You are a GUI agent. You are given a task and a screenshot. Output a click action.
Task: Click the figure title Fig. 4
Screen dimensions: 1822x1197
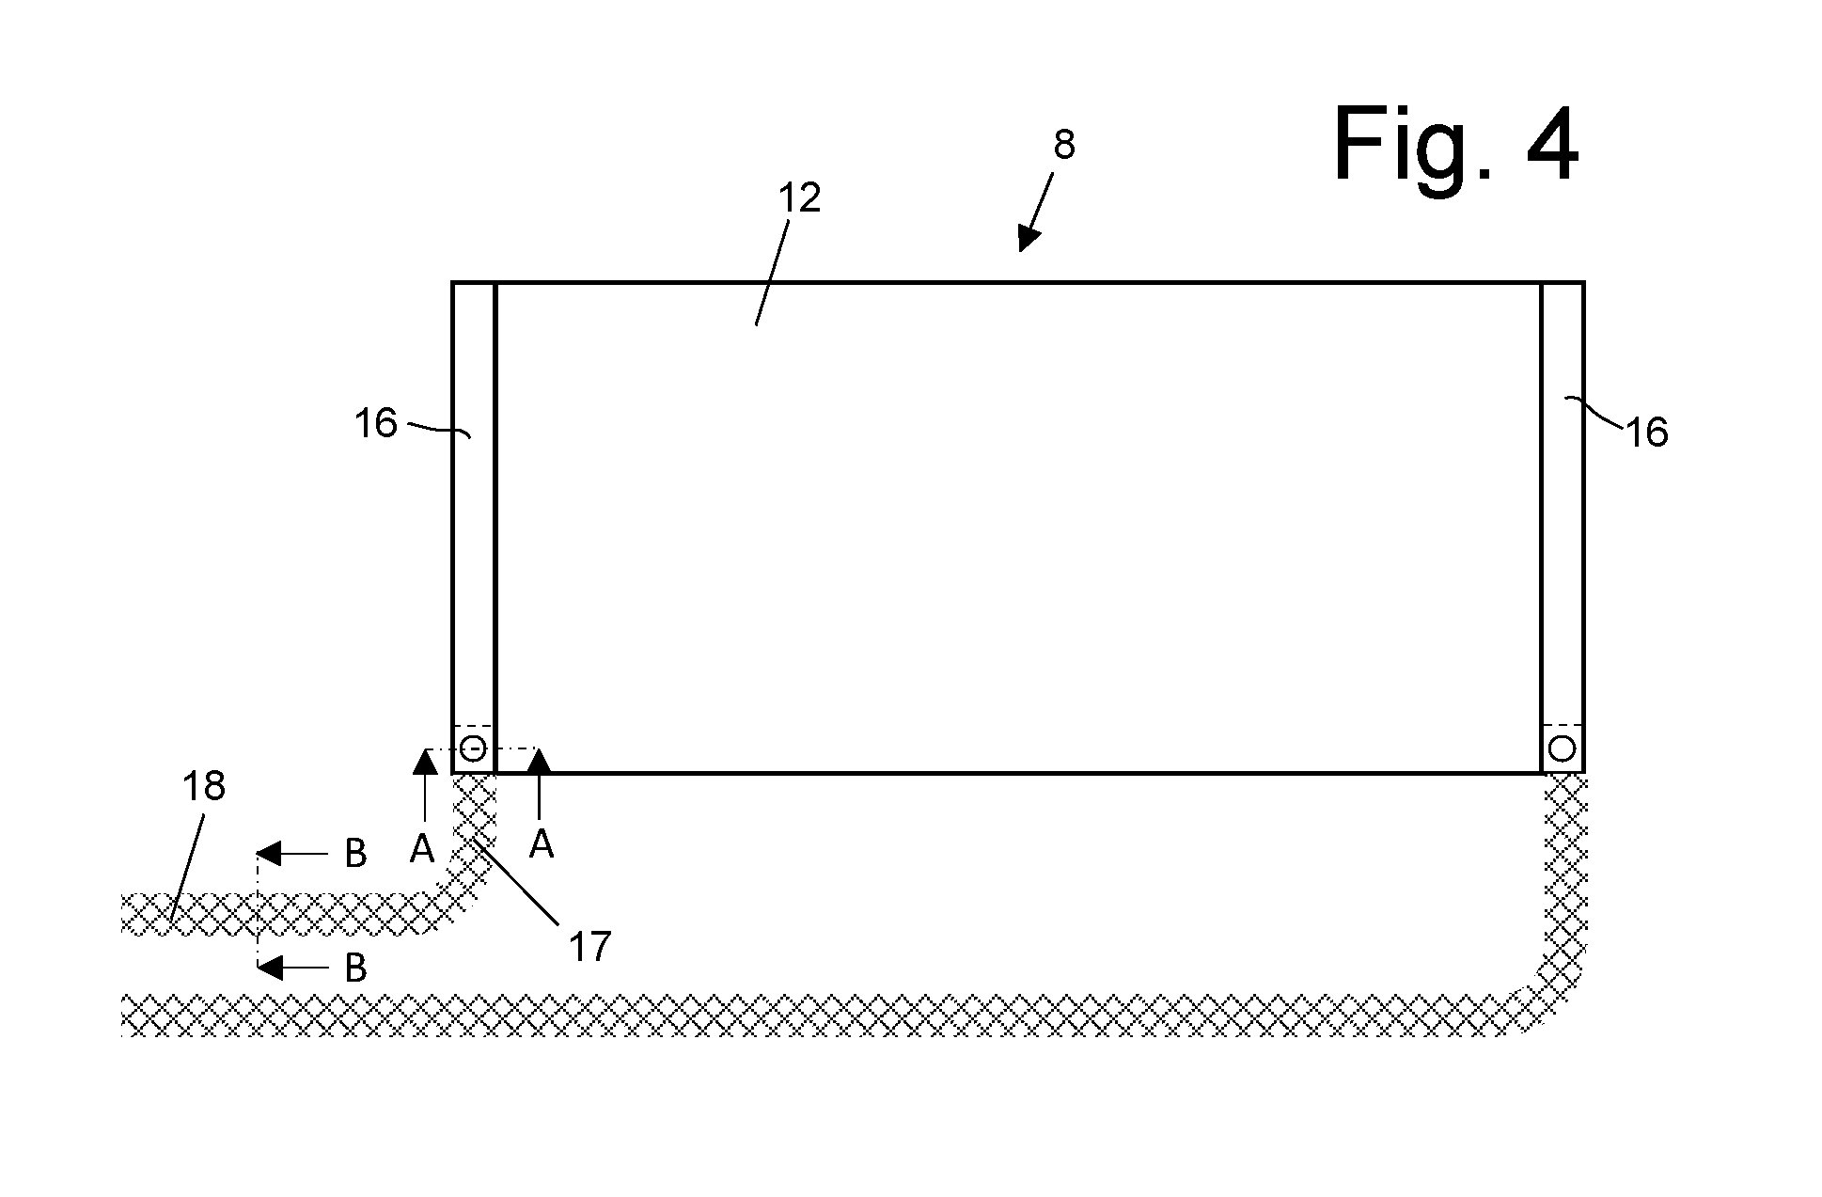pos(1455,145)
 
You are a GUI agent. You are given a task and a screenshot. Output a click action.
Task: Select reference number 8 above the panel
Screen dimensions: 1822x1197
pos(1063,146)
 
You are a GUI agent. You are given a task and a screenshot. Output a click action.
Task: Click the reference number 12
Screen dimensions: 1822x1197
pos(799,197)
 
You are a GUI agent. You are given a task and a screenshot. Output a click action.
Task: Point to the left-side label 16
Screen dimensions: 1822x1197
pos(376,423)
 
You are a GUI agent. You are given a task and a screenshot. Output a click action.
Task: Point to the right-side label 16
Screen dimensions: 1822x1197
pos(1646,433)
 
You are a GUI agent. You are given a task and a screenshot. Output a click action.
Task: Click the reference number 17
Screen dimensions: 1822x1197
pos(589,946)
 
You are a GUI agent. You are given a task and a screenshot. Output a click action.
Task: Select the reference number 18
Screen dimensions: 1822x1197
pos(203,786)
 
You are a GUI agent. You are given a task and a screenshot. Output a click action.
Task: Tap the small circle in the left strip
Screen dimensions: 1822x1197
pos(473,749)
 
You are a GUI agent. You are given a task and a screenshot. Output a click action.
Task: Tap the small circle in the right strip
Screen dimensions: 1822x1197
pos(1562,749)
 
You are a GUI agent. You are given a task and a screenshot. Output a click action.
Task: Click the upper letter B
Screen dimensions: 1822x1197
pos(355,854)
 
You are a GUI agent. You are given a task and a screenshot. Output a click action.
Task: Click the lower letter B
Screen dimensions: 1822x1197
pos(355,968)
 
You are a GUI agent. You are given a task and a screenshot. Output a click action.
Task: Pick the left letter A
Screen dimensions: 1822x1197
pos(422,849)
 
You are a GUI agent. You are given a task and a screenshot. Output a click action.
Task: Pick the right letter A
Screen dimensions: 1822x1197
pos(541,844)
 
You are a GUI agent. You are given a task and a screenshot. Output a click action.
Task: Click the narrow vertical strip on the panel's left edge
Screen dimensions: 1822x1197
pos(474,528)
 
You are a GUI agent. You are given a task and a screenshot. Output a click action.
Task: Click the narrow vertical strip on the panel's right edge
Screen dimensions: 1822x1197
pos(1563,528)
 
